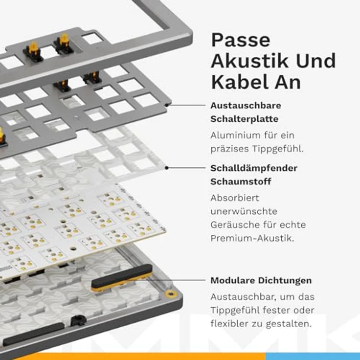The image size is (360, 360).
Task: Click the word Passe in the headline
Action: point(240,40)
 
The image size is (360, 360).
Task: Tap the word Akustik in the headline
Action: point(249,61)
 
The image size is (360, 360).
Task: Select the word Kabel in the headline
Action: point(240,82)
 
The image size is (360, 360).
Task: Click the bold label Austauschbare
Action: point(246,106)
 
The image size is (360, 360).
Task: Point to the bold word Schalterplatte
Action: point(244,119)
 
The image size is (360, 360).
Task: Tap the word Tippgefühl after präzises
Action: point(278,149)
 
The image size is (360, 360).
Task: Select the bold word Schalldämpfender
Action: point(254,168)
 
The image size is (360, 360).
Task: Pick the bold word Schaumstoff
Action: point(241,181)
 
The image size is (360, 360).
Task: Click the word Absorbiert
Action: point(235,198)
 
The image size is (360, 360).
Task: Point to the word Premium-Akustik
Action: point(252,238)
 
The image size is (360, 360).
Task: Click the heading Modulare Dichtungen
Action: point(261,281)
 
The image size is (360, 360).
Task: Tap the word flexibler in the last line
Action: point(229,324)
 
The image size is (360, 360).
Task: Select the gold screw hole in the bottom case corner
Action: point(170,293)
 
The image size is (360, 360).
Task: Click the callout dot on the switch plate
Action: point(167,105)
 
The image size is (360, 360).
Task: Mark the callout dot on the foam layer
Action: point(167,168)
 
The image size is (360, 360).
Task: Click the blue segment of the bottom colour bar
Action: point(313,356)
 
